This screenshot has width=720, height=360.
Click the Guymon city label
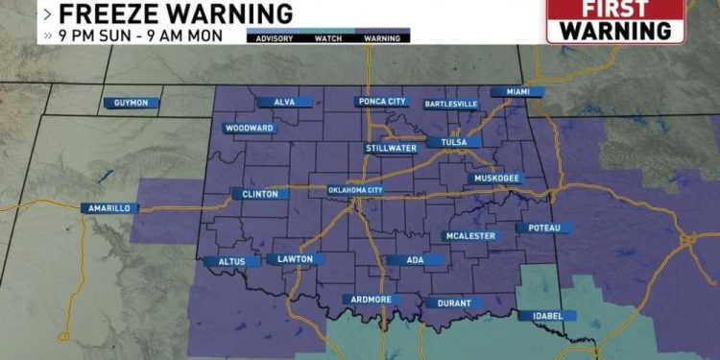pyautogui.click(x=132, y=103)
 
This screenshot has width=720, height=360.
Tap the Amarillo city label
pyautogui.click(x=108, y=208)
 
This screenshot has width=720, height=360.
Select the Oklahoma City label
pyautogui.click(x=355, y=190)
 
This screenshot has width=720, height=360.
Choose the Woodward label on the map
pyautogui.click(x=250, y=128)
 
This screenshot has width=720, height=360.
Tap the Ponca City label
pyautogui.click(x=381, y=101)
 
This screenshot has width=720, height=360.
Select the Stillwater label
pyautogui.click(x=391, y=148)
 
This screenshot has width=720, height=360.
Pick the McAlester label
pyautogui.click(x=470, y=235)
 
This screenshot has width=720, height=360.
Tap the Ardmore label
pyautogui.click(x=372, y=300)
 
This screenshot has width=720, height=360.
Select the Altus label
pyautogui.click(x=229, y=261)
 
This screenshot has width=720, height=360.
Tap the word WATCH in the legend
pyautogui.click(x=328, y=39)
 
